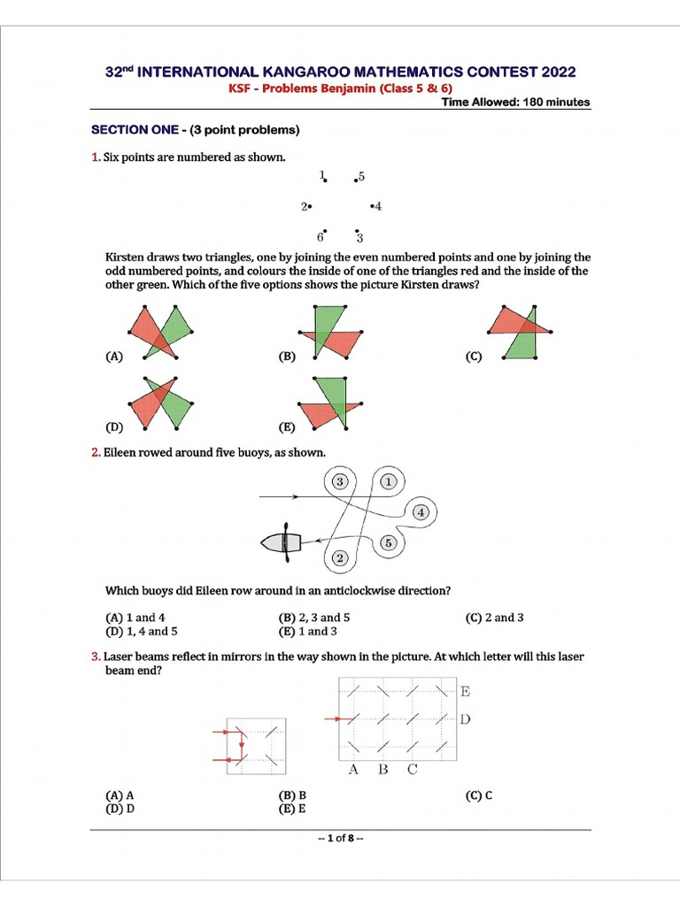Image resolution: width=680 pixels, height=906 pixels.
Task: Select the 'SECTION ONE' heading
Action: tap(127, 130)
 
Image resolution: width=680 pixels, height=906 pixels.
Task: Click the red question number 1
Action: tap(96, 157)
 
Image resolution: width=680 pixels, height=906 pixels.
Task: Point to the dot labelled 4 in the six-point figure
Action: tap(371, 206)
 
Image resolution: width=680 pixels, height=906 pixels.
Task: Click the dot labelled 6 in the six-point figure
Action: tap(326, 229)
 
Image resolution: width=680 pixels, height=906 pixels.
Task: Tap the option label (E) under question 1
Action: tap(287, 427)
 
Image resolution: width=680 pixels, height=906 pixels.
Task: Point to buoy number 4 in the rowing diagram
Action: tap(421, 512)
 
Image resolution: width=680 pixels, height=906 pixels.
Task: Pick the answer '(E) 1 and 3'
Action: tap(307, 632)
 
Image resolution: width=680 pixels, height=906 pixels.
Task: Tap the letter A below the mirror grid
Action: tap(353, 769)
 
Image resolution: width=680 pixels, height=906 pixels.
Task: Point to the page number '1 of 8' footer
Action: tap(340, 839)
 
